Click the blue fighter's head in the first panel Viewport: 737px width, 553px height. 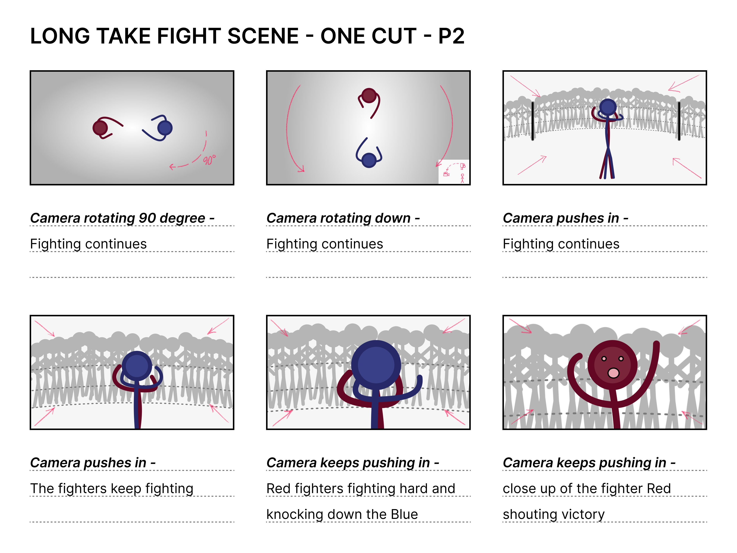165,128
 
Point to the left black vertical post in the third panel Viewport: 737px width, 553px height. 532,121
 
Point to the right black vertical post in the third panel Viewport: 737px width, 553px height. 679,121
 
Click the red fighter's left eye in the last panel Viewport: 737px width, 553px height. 604,359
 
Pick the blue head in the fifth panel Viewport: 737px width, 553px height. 376,365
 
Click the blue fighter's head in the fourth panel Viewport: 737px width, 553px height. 137,366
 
